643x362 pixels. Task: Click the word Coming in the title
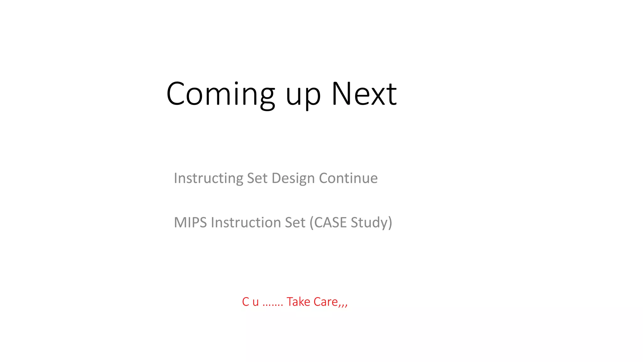(221, 94)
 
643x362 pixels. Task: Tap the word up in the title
(303, 96)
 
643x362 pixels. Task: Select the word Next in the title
(364, 94)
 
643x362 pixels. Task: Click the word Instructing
(208, 178)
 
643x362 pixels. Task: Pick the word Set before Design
(257, 178)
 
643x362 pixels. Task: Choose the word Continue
(348, 178)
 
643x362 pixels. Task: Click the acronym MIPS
(190, 222)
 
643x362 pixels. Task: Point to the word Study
(370, 222)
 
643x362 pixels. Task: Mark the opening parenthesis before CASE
(311, 222)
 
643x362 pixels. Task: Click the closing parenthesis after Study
(390, 222)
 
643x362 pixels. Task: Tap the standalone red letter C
(246, 302)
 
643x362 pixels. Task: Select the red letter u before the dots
(256, 302)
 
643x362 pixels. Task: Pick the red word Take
(298, 302)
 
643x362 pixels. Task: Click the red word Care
(326, 302)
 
